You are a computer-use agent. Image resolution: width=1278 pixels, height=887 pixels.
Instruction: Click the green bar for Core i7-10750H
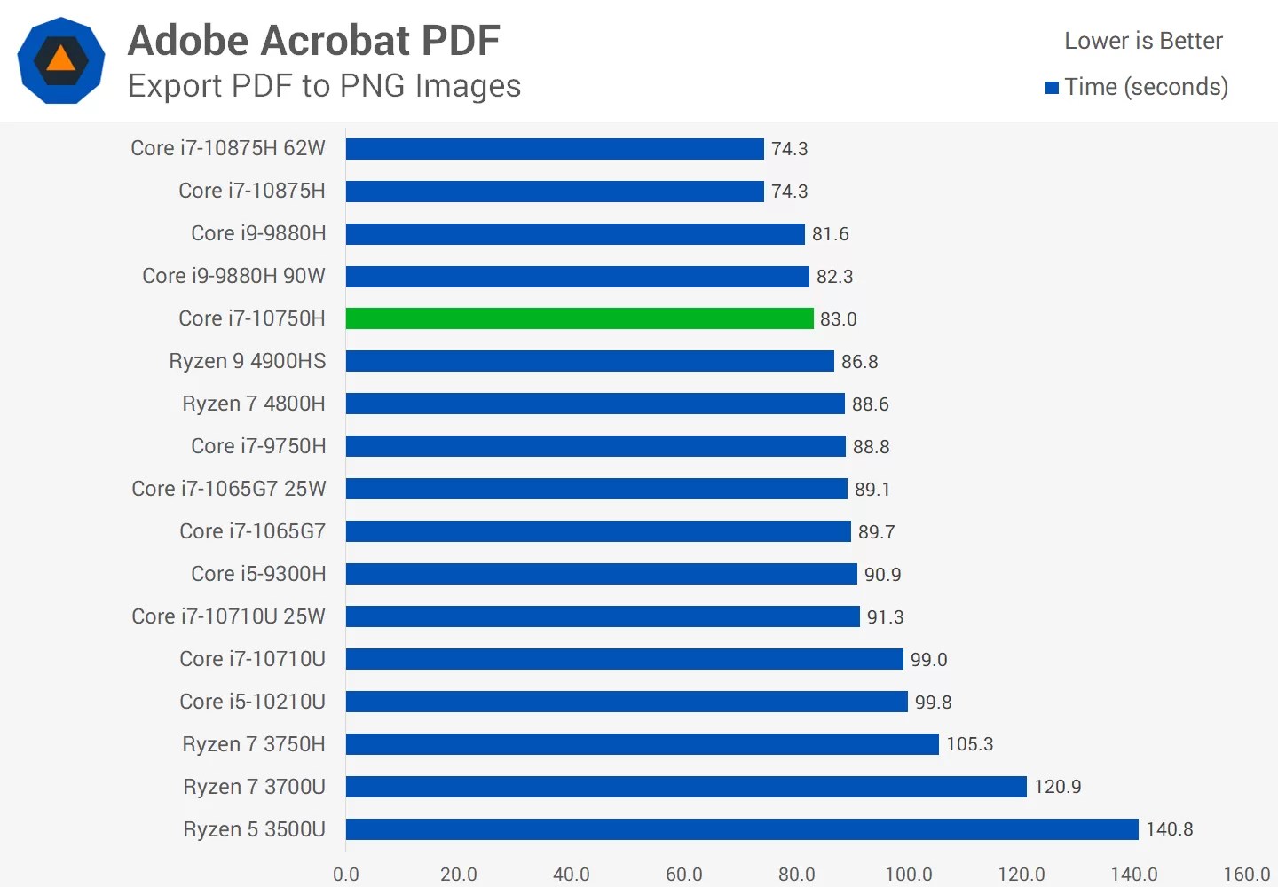[x=580, y=318]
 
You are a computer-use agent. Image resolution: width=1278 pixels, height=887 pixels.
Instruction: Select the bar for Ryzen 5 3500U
[x=742, y=829]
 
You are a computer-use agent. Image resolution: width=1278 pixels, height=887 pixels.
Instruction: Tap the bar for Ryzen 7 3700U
[x=686, y=787]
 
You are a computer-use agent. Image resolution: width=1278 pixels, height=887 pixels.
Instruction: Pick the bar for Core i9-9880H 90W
[x=578, y=277]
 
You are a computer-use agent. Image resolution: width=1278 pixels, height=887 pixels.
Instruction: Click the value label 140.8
[x=1169, y=829]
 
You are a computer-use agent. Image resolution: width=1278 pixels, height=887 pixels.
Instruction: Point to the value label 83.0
[x=838, y=319]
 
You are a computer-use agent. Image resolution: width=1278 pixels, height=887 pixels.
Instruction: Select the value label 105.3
[x=969, y=744]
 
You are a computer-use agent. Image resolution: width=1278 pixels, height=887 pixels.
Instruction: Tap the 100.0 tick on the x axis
[x=909, y=875]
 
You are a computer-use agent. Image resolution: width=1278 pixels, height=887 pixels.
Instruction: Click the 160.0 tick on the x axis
[x=1246, y=875]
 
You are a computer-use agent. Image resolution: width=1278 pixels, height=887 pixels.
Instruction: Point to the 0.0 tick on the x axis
[x=346, y=875]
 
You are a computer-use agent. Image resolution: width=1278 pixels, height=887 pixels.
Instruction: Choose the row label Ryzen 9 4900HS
[x=248, y=361]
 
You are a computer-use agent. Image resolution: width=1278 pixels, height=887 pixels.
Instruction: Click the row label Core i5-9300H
[x=258, y=574]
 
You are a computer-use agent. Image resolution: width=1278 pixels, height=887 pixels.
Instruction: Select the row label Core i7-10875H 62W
[x=228, y=148]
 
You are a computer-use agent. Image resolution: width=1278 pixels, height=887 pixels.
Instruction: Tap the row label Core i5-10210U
[x=252, y=702]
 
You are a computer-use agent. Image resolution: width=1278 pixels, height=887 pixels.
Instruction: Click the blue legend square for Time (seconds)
[x=1052, y=88]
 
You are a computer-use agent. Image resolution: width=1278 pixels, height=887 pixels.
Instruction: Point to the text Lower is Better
[x=1143, y=41]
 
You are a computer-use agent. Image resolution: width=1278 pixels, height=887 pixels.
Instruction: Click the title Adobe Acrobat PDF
[x=314, y=41]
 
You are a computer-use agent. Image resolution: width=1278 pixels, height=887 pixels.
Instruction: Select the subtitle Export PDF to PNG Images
[x=324, y=86]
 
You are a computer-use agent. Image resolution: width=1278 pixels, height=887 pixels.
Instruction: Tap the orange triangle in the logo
[x=60, y=59]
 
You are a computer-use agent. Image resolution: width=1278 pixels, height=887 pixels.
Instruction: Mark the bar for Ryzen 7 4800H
[x=596, y=404]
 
